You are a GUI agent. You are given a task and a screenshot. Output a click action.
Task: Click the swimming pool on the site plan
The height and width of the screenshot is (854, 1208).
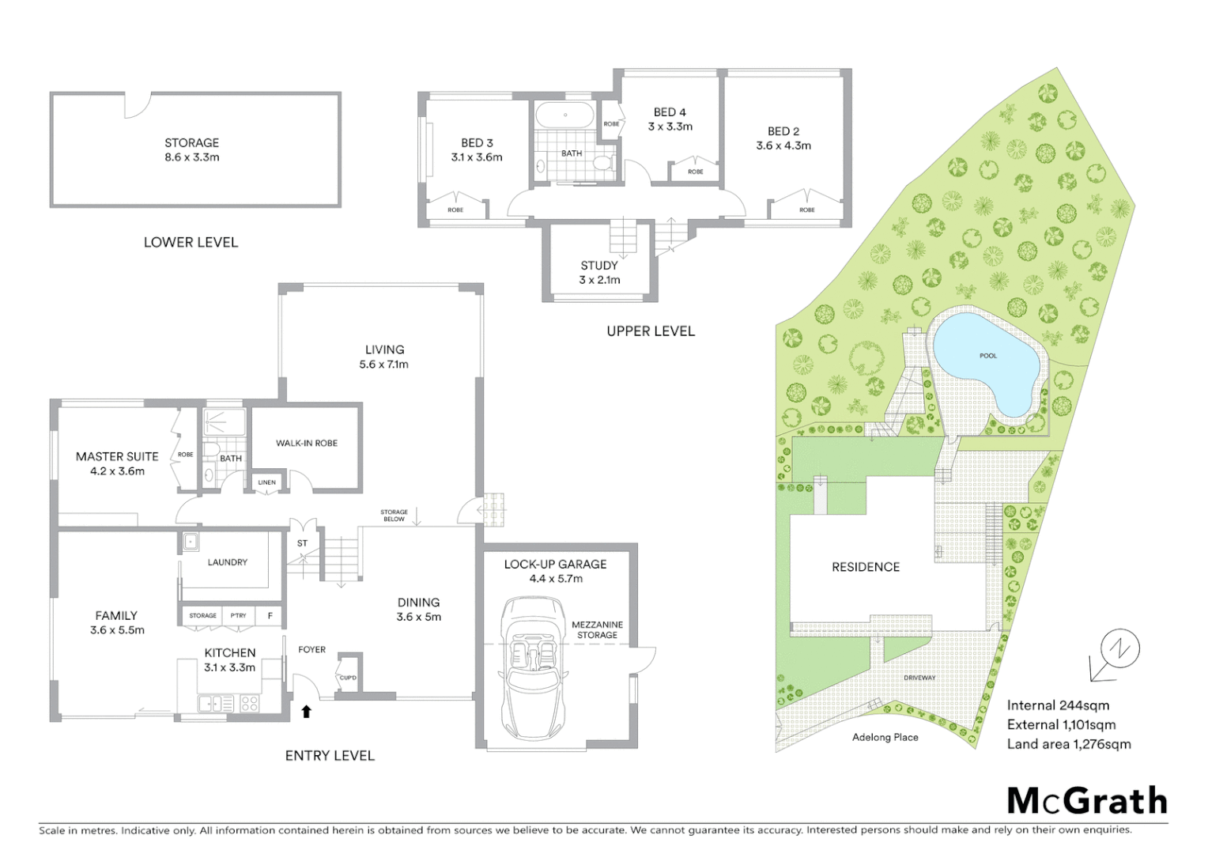[984, 361]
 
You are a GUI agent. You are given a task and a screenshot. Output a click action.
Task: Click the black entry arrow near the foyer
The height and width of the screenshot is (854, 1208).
[307, 712]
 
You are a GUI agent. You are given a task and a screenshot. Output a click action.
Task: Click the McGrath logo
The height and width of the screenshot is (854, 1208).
[1087, 801]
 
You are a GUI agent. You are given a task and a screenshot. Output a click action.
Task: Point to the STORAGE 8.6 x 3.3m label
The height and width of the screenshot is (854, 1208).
[192, 149]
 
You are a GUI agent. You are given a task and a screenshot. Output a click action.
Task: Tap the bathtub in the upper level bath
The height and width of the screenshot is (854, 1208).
[564, 115]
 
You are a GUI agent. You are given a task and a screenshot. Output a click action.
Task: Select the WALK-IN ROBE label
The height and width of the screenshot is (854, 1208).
[307, 443]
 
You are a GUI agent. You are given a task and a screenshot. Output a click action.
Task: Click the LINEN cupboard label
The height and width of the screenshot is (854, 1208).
[267, 482]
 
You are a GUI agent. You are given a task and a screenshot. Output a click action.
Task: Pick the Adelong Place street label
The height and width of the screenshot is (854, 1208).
[885, 737]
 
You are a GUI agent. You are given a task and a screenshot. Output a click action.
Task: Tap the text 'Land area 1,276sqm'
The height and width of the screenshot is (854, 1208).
[1068, 744]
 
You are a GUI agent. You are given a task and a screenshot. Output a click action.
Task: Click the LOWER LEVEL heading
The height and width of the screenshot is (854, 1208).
[191, 242]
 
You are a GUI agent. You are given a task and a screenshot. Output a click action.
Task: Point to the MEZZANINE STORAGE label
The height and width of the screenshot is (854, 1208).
[597, 629]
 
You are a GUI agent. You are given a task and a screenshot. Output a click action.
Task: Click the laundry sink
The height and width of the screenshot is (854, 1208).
[190, 542]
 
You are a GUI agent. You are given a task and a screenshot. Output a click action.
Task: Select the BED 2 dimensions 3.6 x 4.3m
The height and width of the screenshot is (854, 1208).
[783, 145]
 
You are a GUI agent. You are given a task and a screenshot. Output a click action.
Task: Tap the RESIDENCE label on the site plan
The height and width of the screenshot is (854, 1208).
[866, 567]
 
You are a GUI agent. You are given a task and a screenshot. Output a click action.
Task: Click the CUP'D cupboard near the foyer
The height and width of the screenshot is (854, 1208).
[348, 676]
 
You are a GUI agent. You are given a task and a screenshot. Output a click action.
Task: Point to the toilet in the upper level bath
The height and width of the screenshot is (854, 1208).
[604, 164]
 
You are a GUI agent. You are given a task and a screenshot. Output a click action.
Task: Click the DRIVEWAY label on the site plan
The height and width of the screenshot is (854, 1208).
[919, 678]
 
